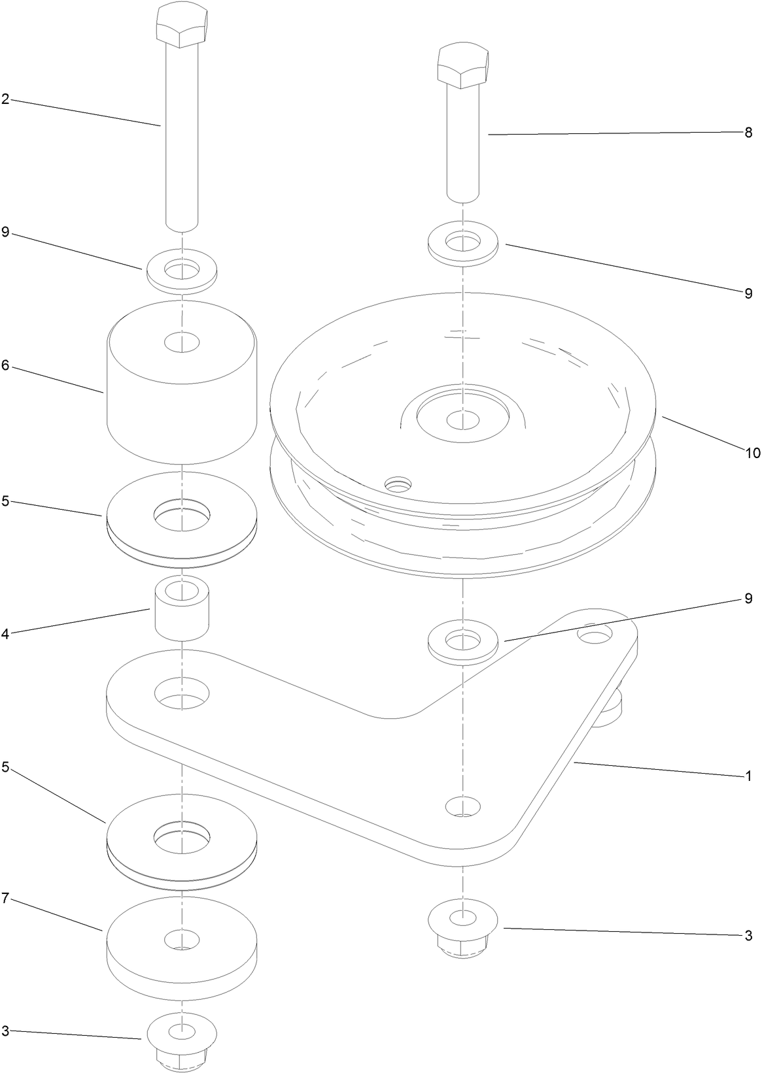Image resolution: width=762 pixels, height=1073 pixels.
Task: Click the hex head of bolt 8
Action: click(x=462, y=67)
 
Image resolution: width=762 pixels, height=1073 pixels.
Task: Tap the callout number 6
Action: click(x=5, y=365)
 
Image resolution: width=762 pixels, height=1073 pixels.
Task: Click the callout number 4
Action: click(x=5, y=633)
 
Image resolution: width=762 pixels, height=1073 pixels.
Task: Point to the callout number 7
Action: click(x=5, y=898)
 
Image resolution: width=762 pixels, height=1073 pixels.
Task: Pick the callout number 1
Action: click(x=748, y=777)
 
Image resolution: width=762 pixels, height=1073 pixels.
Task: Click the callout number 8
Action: click(x=748, y=133)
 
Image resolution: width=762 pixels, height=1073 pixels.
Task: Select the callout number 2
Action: click(x=5, y=99)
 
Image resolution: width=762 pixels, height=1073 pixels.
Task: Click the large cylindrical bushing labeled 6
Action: click(x=181, y=392)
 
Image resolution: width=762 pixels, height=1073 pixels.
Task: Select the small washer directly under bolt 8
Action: click(x=462, y=243)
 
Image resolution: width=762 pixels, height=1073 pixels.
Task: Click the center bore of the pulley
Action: click(x=462, y=418)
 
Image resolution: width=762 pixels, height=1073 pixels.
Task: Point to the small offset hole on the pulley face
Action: click(x=398, y=484)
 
